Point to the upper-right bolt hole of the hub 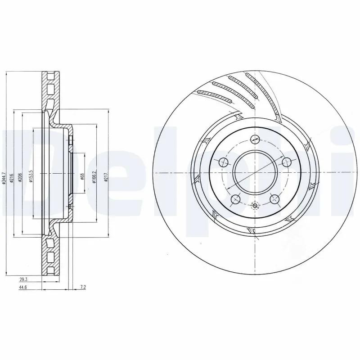[x=285, y=161]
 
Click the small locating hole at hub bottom [x=255, y=206]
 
